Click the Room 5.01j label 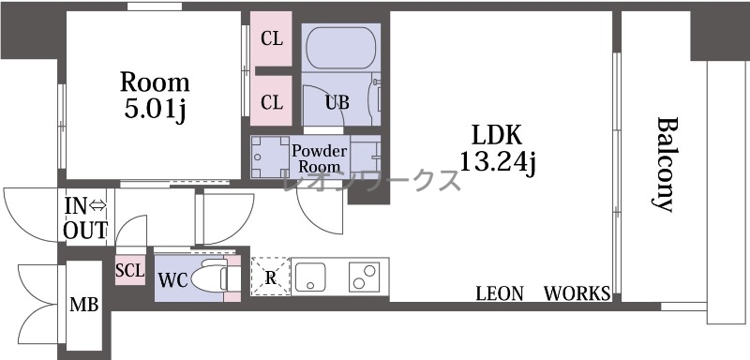pos(155,97)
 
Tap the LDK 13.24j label pos(497,149)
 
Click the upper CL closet pos(271,38)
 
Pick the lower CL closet pos(271,101)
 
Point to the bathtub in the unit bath pos(340,48)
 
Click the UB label pos(337,103)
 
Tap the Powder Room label pos(319,158)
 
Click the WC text pos(172,280)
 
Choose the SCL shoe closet pos(130,270)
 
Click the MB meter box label pos(84,304)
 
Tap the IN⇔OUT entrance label pos(85,218)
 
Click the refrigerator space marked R pos(271,277)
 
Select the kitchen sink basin pos(310,277)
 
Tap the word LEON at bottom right pos(500,293)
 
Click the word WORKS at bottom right pos(577,293)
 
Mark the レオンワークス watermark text pos(371,180)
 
